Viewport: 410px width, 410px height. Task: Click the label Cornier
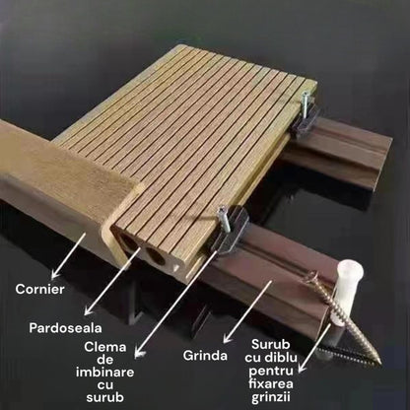(40, 289)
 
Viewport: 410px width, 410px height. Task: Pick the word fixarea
(271, 381)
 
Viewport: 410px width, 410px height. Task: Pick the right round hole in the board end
(159, 259)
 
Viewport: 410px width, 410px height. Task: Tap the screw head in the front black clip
(222, 210)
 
